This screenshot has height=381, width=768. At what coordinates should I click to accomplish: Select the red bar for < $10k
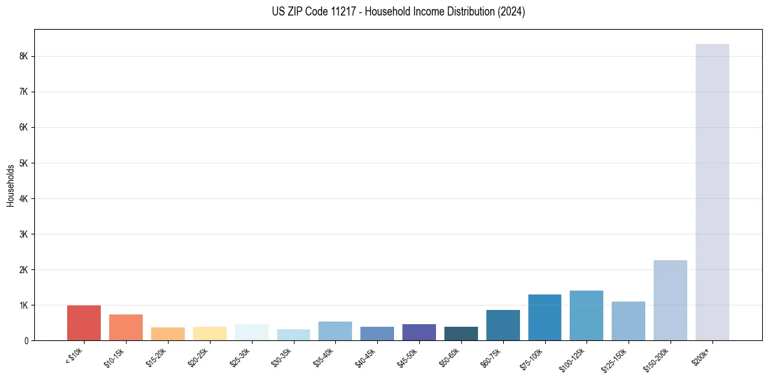pyautogui.click(x=84, y=323)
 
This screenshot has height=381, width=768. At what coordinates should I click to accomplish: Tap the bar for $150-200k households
pyautogui.click(x=670, y=300)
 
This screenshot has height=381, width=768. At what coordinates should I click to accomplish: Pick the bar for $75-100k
pyautogui.click(x=545, y=317)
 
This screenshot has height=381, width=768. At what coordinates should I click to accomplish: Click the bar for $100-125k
pyautogui.click(x=586, y=315)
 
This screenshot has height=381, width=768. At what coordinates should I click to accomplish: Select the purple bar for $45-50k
pyautogui.click(x=419, y=332)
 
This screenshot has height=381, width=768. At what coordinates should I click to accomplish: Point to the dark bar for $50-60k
pyautogui.click(x=461, y=333)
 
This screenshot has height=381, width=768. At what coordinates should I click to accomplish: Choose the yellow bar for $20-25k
pyautogui.click(x=210, y=333)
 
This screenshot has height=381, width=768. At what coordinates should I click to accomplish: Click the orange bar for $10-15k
pyautogui.click(x=126, y=327)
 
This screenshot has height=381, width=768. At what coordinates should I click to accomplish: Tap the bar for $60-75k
pyautogui.click(x=503, y=325)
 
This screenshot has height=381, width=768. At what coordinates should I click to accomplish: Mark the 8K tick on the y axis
pyautogui.click(x=25, y=57)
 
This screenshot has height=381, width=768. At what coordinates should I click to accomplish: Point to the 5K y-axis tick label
pyautogui.click(x=25, y=163)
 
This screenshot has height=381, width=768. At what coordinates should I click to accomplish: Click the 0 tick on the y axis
pyautogui.click(x=26, y=340)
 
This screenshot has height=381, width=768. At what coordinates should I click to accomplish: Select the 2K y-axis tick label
pyautogui.click(x=25, y=269)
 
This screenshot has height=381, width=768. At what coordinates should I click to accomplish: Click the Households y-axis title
pyautogui.click(x=10, y=185)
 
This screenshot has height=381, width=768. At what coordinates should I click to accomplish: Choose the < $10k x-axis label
pyautogui.click(x=75, y=355)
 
